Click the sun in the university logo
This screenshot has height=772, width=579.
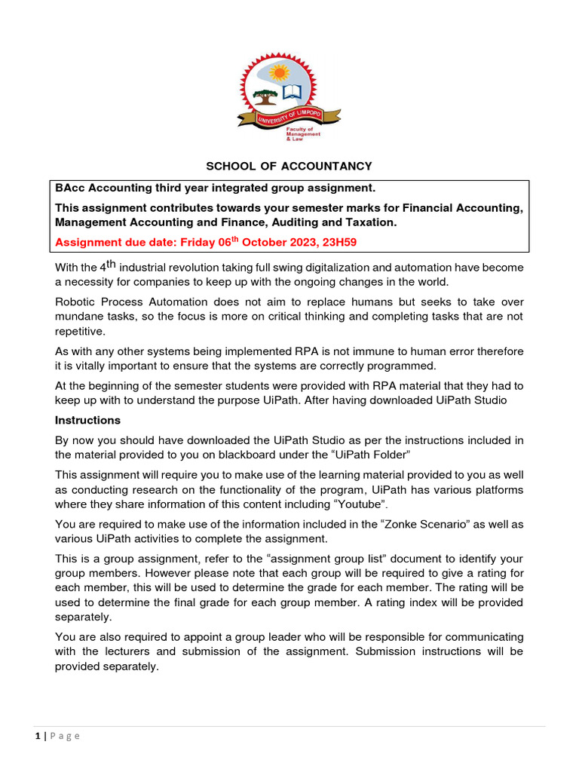pyautogui.click(x=280, y=72)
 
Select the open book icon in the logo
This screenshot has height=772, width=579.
pyautogui.click(x=291, y=94)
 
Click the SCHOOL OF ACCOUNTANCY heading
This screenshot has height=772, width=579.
pyautogui.click(x=289, y=166)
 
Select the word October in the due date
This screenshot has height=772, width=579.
pyautogui.click(x=245, y=243)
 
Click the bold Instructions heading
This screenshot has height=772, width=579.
pyautogui.click(x=87, y=420)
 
